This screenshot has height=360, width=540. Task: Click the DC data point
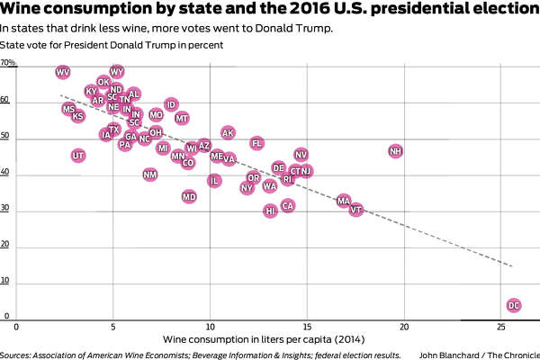(x=514, y=306)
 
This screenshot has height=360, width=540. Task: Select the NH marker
(x=395, y=151)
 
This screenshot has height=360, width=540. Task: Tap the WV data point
(x=63, y=72)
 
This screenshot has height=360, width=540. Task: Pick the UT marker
(x=78, y=156)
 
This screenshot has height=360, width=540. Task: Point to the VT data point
(x=356, y=210)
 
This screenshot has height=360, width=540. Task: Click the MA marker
(x=343, y=201)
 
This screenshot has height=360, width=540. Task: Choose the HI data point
(x=270, y=211)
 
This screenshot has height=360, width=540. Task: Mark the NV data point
(x=301, y=155)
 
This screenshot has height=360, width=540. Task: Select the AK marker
(x=228, y=133)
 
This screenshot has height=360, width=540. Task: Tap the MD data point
(x=189, y=196)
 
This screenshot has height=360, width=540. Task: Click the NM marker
(x=150, y=175)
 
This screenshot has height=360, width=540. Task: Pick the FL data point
(x=256, y=143)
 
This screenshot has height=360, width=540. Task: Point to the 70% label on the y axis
(x=8, y=64)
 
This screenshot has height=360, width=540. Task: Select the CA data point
(x=288, y=206)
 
